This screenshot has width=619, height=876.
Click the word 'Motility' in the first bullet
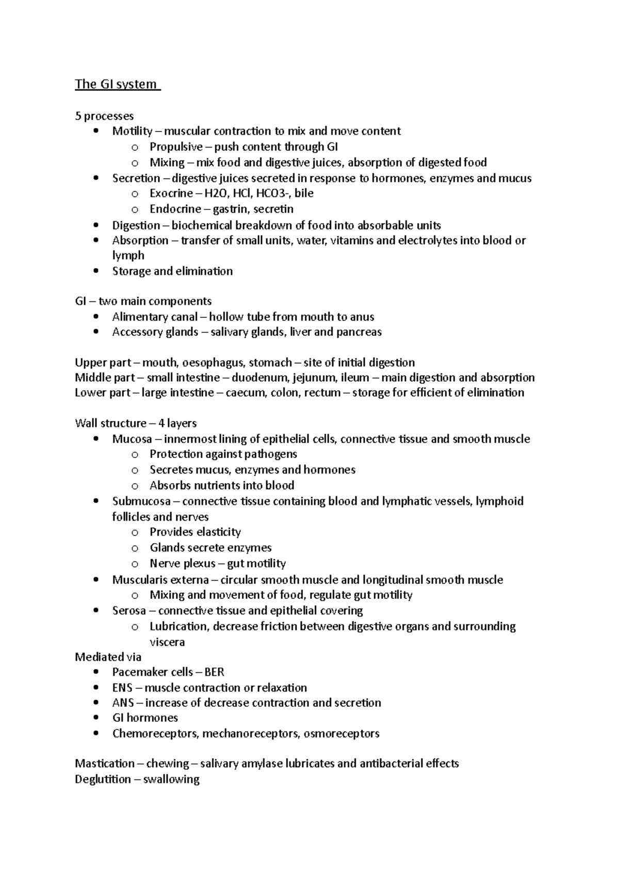(x=132, y=131)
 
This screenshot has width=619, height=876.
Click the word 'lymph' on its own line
(x=128, y=256)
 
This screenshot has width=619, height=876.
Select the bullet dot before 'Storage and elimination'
(x=96, y=271)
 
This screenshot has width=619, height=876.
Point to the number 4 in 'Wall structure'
(x=161, y=424)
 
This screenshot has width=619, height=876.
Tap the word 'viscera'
(x=167, y=642)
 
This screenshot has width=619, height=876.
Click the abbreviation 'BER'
(x=214, y=672)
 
